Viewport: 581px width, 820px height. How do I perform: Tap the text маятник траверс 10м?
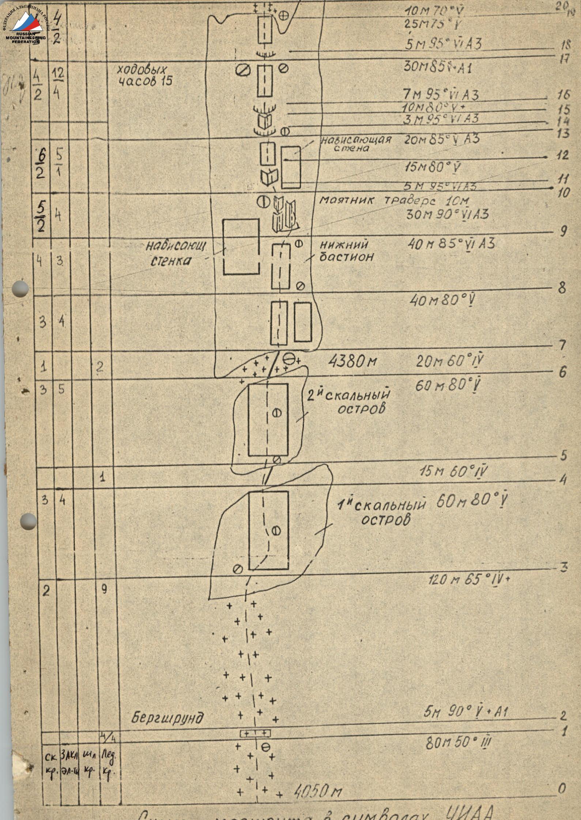point(394,200)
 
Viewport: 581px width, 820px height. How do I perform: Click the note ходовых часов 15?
point(145,75)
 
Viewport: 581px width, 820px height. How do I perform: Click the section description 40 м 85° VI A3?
point(451,244)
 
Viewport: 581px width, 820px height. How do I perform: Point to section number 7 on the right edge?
point(562,345)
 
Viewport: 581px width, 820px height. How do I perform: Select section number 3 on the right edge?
point(563,567)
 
